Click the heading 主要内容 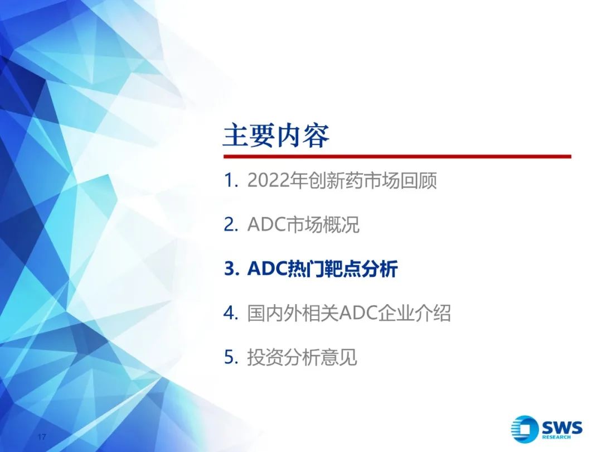point(276,136)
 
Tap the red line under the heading point(397,156)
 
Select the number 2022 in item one point(268,180)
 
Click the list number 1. point(229,181)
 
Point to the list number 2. point(230,225)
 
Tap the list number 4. point(231,313)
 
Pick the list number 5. point(231,358)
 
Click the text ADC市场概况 point(303,225)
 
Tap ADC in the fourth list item point(358,313)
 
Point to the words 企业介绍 point(414,313)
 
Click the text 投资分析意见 point(302,358)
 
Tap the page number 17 point(42,437)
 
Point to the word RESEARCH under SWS point(556,437)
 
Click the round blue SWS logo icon point(524,429)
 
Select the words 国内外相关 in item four point(293,313)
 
